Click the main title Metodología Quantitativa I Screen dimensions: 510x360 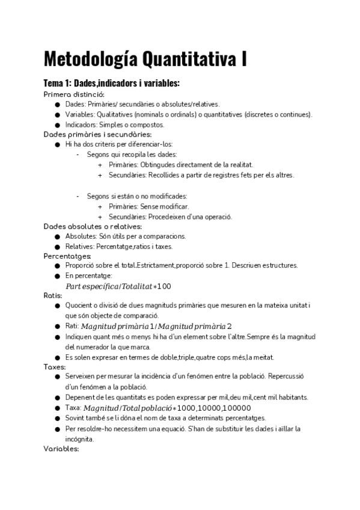click(145, 60)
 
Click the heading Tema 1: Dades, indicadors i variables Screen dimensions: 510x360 click(112, 83)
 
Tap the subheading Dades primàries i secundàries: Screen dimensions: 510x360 click(89, 134)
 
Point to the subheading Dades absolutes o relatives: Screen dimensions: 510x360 click(93, 226)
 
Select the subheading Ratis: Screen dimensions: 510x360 click(53, 295)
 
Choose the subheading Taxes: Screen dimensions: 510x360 click(55, 366)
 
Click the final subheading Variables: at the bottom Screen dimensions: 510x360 click(61, 448)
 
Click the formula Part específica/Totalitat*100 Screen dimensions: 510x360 click(118, 286)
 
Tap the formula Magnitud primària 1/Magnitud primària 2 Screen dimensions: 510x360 click(156, 326)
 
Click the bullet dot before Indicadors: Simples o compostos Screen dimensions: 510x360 click(57, 124)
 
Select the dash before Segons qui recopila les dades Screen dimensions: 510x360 click(78, 155)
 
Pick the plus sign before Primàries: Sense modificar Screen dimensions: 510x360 click(100, 206)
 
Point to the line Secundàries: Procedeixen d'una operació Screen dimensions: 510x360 click(170, 217)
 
